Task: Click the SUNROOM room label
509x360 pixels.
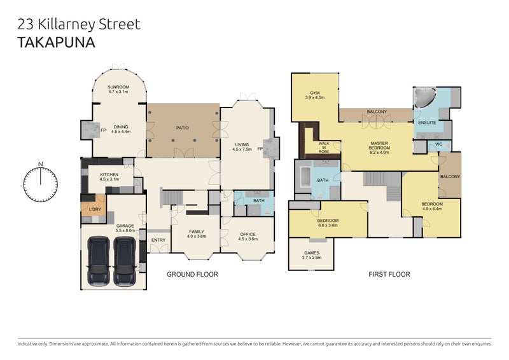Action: (x=118, y=87)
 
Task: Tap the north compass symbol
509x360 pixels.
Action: (x=41, y=183)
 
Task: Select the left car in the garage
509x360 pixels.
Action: (x=99, y=261)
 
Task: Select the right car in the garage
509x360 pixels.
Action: (x=125, y=261)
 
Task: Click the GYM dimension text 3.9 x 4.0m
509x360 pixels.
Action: (x=315, y=97)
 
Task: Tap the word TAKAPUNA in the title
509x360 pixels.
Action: (x=56, y=43)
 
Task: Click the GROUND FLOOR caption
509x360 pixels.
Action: (x=192, y=274)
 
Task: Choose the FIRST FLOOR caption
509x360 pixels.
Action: (x=389, y=274)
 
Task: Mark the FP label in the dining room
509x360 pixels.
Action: (x=103, y=130)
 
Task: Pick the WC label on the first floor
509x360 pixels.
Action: (x=438, y=144)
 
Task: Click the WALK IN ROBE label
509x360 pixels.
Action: (x=324, y=148)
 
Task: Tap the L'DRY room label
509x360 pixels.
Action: (x=95, y=209)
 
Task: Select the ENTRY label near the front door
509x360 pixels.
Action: (x=158, y=240)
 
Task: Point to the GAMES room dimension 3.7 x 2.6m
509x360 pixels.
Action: (x=312, y=258)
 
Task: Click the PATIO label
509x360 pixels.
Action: (x=183, y=128)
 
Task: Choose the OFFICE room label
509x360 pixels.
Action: (x=248, y=234)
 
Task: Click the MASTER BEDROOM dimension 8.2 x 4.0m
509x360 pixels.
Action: (x=379, y=152)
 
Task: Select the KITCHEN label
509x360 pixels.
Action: (x=109, y=175)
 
